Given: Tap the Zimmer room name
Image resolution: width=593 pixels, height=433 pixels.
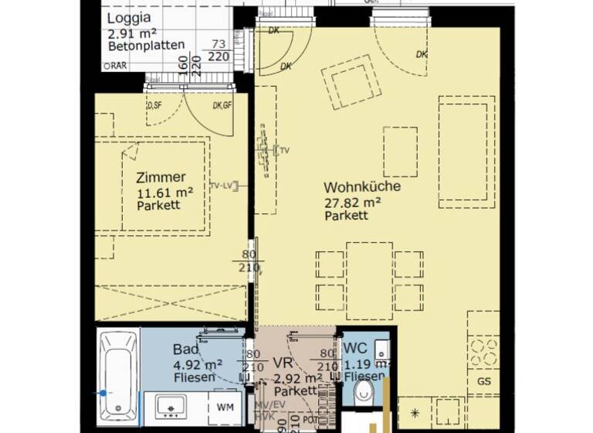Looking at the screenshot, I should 160,177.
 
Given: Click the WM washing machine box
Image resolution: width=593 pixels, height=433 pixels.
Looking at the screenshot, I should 225,406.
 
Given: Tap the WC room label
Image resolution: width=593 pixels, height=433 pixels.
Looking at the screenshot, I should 354,348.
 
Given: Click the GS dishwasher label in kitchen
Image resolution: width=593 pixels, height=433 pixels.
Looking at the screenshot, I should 484,382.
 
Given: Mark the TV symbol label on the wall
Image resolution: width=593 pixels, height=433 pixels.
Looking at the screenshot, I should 283,150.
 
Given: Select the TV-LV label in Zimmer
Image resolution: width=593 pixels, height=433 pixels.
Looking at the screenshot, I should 223,186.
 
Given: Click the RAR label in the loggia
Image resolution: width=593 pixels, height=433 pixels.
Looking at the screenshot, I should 118,66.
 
